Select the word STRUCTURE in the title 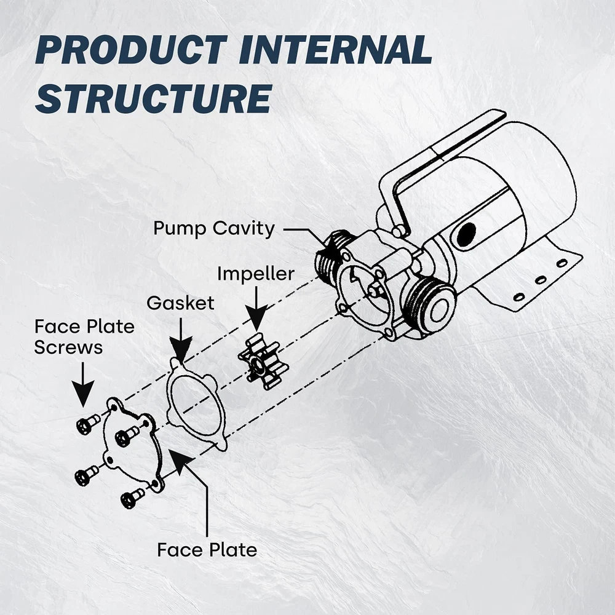153,97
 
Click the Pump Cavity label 214,229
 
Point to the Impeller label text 255,274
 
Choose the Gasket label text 180,303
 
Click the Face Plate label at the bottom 207,549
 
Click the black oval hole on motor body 466,234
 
